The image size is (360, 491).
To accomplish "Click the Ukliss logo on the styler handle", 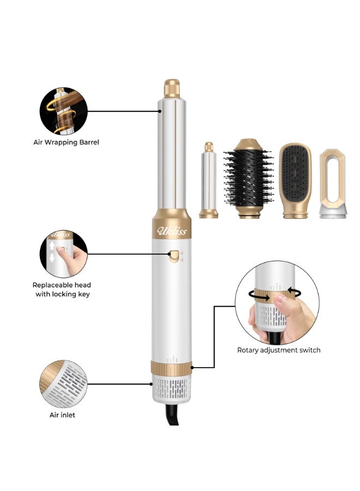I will [172, 231].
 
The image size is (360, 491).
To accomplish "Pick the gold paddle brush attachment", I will [295, 180].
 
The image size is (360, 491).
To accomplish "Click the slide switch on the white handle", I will [174, 256].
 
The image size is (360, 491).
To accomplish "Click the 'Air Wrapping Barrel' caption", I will [66, 142].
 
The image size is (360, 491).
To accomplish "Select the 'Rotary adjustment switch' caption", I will [279, 350].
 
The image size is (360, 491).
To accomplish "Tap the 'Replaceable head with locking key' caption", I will [62, 289].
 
